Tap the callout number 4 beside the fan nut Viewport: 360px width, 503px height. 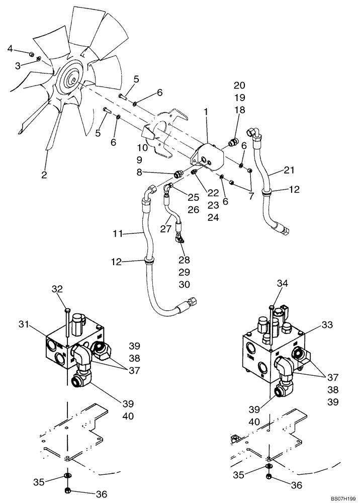coord(10,48)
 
